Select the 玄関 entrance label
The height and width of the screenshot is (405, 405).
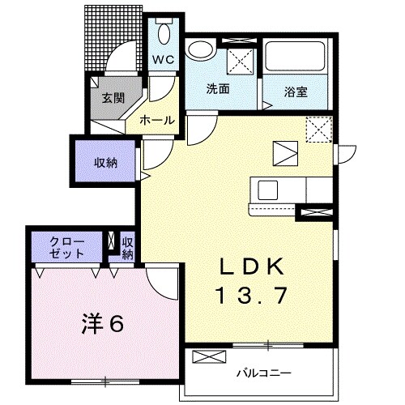pos(112,99)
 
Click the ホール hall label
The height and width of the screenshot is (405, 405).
pos(157,119)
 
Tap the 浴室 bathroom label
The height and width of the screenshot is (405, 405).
pos(295,92)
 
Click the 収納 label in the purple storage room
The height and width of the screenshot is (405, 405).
pos(105,162)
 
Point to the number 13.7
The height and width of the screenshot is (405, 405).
pos(251,296)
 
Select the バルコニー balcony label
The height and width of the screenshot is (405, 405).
pos(258,373)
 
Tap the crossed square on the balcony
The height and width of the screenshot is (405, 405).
pos(206,357)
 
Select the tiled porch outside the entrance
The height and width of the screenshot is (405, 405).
pos(104,40)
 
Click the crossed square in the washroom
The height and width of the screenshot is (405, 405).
pos(241,61)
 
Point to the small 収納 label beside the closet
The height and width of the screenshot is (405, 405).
pos(127,247)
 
